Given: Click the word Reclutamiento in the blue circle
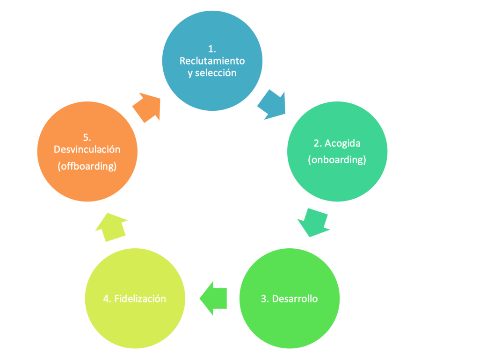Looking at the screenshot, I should [x=212, y=61].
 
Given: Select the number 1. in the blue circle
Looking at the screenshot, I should [x=212, y=49].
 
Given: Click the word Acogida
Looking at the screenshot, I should [x=344, y=143].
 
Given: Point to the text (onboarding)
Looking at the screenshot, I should [x=337, y=159].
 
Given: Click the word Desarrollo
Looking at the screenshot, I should [x=295, y=298].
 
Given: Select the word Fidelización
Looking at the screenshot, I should [x=140, y=298].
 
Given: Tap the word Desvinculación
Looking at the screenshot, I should [x=87, y=150].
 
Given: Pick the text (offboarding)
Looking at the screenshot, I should [x=87, y=166].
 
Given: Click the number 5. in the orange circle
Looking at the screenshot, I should [x=87, y=137].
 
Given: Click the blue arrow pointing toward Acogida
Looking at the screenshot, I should [x=272, y=104].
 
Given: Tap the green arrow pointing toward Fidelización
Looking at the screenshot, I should [x=214, y=298].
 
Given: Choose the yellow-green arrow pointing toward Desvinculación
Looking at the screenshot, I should [x=111, y=226].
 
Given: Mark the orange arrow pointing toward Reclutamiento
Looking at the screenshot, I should [x=147, y=107].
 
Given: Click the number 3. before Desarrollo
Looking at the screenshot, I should [x=264, y=298].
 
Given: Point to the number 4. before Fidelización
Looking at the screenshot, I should [x=107, y=298].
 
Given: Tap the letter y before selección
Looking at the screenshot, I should [x=190, y=73].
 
